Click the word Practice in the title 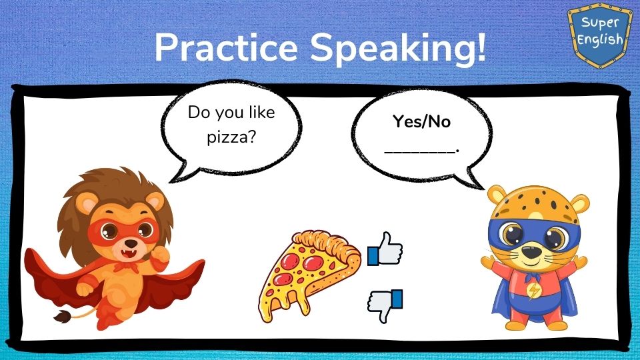226,47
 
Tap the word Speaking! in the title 398,49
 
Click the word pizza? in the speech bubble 231,137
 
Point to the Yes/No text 421,121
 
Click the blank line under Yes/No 421,152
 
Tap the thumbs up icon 385,249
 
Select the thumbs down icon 385,306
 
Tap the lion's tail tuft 63,316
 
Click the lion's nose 131,243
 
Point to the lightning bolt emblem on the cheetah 533,290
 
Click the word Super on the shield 599,23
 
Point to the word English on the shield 600,40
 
